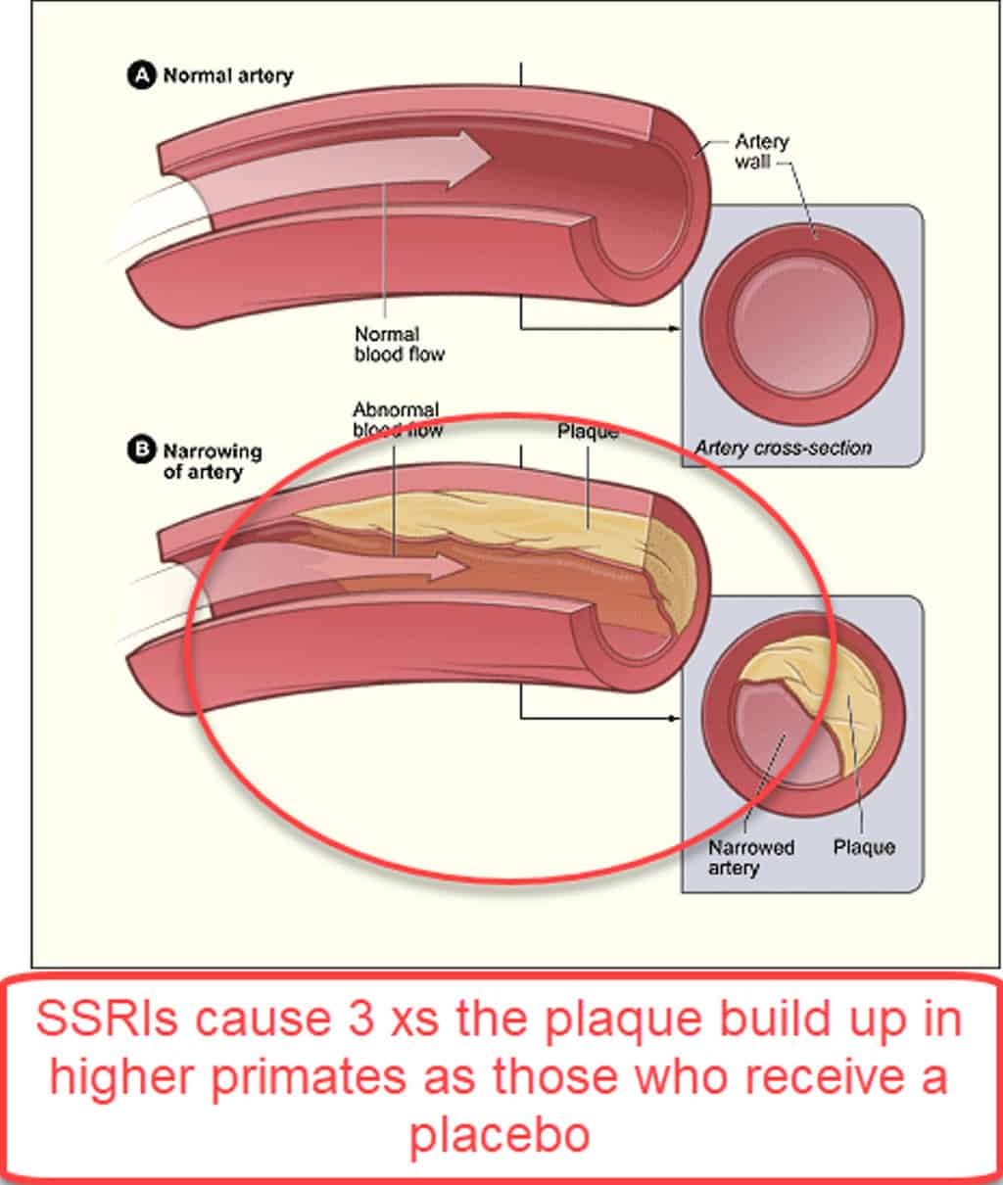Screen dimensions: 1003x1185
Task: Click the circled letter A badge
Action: tap(141, 75)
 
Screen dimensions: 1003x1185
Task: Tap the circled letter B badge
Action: tap(141, 450)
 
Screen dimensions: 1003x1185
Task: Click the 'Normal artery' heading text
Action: tap(228, 75)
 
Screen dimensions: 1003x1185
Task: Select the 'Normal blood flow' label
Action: tap(399, 344)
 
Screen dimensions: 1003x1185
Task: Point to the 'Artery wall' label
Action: tap(762, 152)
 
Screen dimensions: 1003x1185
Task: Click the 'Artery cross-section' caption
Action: tap(784, 448)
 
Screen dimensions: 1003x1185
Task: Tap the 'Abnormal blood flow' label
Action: tap(397, 420)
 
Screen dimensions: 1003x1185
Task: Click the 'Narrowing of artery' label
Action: tap(213, 462)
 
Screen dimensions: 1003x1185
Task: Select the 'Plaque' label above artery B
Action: tap(588, 432)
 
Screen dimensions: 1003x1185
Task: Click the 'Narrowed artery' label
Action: tap(751, 858)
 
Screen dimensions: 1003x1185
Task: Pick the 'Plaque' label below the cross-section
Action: tap(864, 847)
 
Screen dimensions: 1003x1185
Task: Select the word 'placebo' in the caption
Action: tap(500, 1134)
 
